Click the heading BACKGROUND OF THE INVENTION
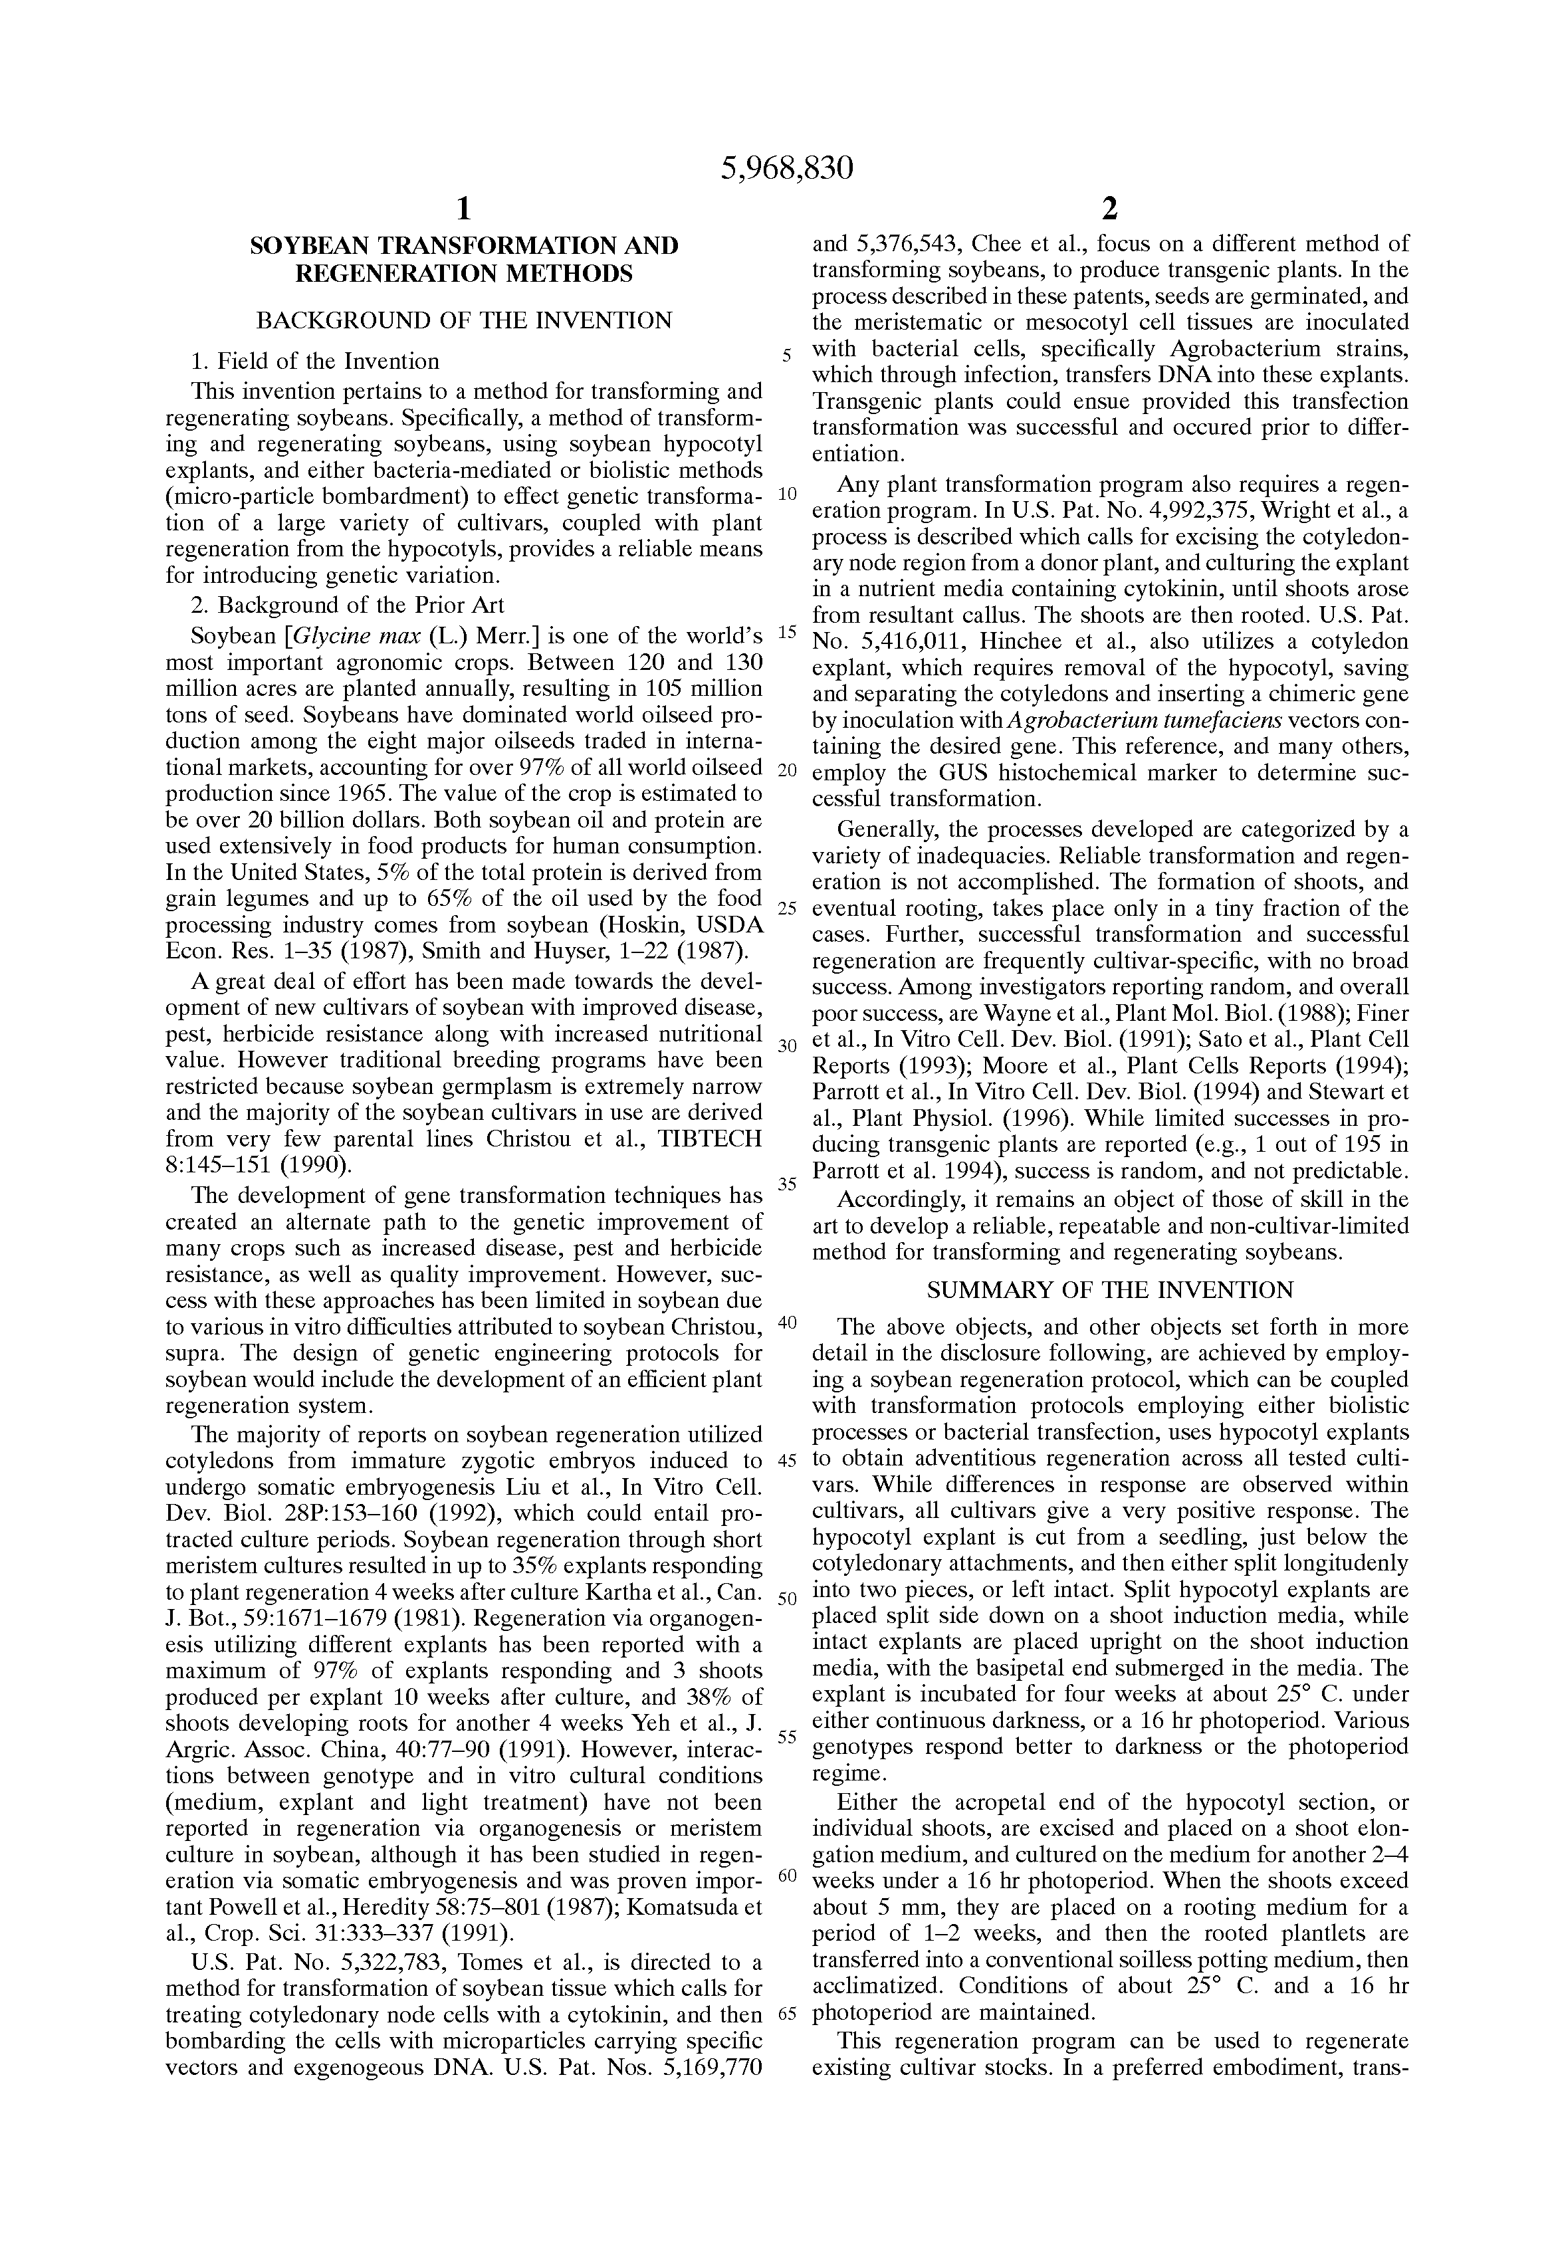pyautogui.click(x=464, y=320)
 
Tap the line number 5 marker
pyautogui.click(x=786, y=355)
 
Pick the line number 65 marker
pyautogui.click(x=786, y=2014)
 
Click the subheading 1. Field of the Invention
pyautogui.click(x=315, y=362)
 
